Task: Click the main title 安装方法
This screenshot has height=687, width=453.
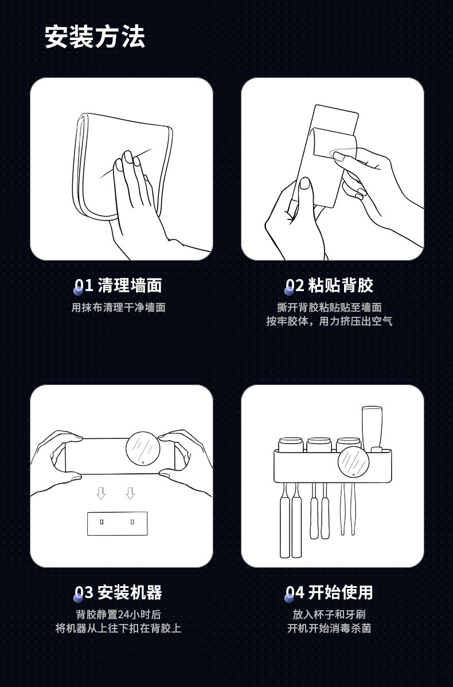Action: point(95,37)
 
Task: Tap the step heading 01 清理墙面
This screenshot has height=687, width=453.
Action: point(118,285)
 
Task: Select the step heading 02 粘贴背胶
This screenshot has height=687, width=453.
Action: point(329,285)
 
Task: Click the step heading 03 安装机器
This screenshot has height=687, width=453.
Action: point(118,592)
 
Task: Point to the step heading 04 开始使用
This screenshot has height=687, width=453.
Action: point(329,592)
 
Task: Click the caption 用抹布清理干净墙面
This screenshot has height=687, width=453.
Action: point(118,308)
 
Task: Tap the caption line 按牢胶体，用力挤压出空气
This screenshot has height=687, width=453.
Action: point(329,321)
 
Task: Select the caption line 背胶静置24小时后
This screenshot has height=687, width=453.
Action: point(118,615)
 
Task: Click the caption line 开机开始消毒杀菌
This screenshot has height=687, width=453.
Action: point(329,629)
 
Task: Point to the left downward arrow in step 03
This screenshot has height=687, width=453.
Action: point(101,493)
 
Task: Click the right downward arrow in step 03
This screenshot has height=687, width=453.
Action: point(130,493)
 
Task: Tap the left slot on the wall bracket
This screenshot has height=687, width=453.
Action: point(101,522)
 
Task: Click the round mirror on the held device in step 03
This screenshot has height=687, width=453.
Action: point(143,448)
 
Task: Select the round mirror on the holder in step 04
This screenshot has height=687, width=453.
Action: point(353,461)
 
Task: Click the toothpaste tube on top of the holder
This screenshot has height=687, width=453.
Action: point(372,429)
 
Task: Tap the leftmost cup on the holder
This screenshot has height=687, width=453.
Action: point(291,444)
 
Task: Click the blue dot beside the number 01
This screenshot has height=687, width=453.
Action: point(78,290)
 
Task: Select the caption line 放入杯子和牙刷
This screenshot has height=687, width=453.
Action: point(329,615)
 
